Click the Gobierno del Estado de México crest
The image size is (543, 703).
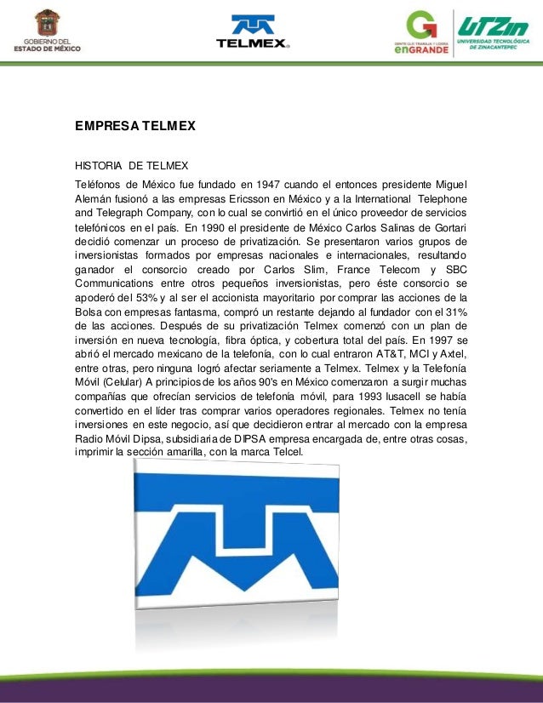click(47, 23)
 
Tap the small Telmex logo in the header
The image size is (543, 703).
click(253, 31)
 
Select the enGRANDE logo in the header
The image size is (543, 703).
click(426, 33)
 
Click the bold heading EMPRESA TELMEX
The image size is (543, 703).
click(135, 125)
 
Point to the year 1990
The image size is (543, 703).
click(215, 227)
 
